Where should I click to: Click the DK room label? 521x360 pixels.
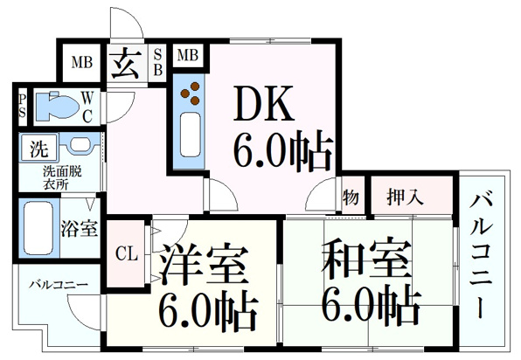(x=264, y=103)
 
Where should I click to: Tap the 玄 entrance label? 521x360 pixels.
(x=125, y=63)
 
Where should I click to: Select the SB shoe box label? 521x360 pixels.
(x=158, y=62)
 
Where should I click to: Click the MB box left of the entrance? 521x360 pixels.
(x=82, y=62)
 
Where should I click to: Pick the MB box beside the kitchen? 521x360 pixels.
(x=188, y=55)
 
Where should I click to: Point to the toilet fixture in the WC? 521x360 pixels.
(x=57, y=106)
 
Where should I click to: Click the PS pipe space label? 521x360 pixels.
(x=22, y=107)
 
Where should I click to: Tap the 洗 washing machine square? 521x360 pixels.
(x=39, y=149)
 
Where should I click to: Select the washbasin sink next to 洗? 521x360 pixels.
(x=80, y=145)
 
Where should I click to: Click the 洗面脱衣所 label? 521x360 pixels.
(x=62, y=178)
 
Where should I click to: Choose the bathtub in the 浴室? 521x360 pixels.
(x=38, y=228)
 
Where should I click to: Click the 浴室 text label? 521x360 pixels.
(x=79, y=228)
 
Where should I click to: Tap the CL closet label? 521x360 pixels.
(x=126, y=254)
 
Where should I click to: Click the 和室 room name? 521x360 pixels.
(x=367, y=258)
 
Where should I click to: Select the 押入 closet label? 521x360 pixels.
(x=405, y=197)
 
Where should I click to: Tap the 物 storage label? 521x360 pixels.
(x=351, y=197)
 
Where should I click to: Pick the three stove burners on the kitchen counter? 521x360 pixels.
(x=191, y=93)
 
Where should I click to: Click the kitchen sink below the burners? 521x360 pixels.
(x=190, y=135)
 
